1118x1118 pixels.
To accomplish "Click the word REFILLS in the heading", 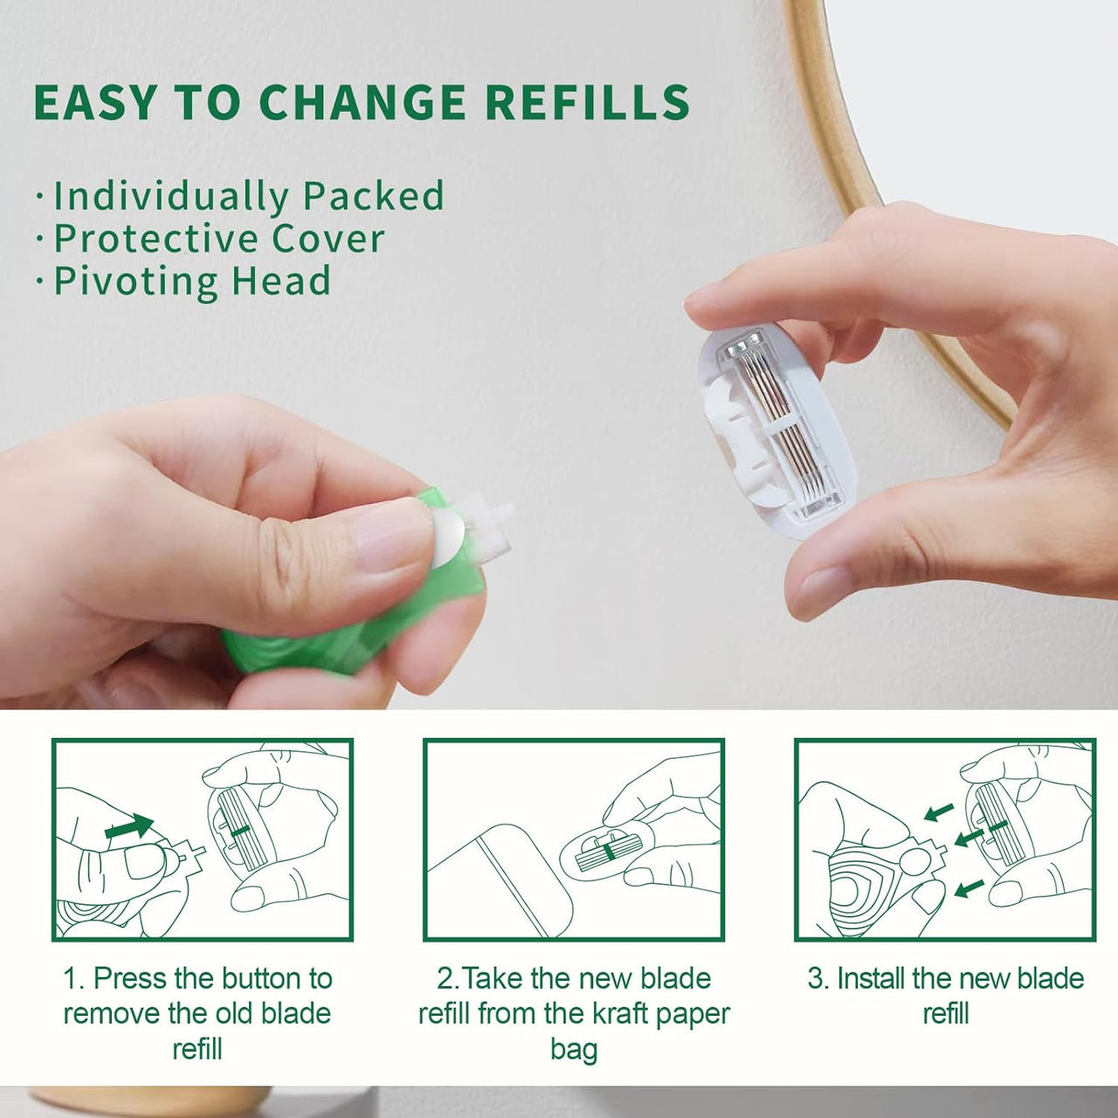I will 587,103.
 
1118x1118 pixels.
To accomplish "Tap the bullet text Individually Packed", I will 249,196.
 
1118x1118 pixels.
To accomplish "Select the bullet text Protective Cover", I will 219,238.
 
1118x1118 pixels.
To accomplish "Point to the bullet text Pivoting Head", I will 192,281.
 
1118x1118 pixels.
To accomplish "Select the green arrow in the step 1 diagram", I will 128,826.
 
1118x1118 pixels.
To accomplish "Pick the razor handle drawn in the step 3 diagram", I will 873,882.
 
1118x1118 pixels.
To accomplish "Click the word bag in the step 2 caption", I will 573,1049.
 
